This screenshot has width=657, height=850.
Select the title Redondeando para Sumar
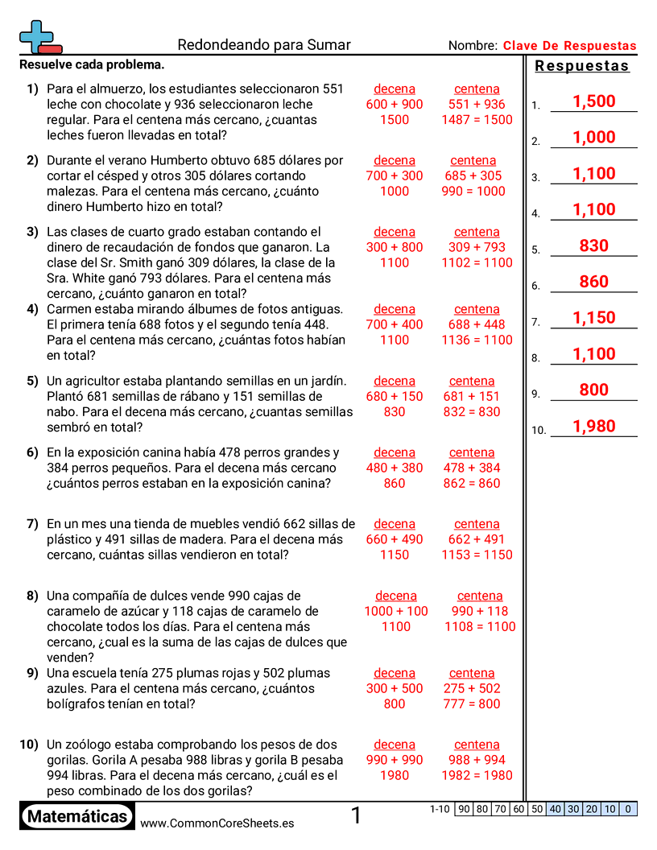(x=263, y=45)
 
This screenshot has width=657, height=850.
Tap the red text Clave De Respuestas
(x=569, y=46)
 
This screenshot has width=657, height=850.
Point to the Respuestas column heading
(x=581, y=66)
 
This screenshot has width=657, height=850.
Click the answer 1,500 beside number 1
(x=593, y=101)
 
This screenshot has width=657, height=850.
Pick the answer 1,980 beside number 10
(x=593, y=427)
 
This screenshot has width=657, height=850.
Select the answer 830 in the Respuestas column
(x=593, y=246)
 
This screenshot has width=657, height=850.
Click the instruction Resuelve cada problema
(x=92, y=64)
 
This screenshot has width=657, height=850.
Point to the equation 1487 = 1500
(x=476, y=120)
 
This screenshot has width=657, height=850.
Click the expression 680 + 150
(x=395, y=396)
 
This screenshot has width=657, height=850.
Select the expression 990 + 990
(x=395, y=760)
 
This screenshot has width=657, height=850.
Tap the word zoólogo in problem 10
(x=88, y=745)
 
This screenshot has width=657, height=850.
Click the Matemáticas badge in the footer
(x=77, y=817)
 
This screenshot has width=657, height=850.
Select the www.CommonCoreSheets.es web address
(x=217, y=823)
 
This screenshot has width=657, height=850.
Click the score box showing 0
(x=628, y=809)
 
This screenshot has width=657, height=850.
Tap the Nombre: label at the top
(x=473, y=46)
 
